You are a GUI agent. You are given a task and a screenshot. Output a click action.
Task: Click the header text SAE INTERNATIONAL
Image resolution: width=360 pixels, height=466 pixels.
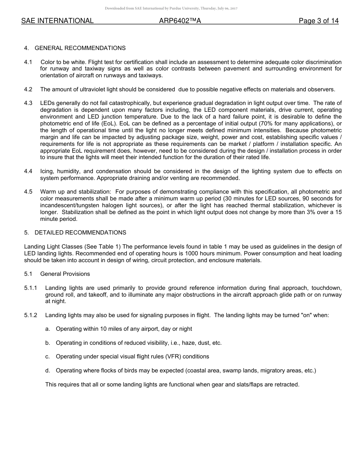click(57, 21)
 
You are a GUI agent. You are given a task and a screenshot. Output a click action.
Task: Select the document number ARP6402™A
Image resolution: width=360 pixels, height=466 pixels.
click(180, 21)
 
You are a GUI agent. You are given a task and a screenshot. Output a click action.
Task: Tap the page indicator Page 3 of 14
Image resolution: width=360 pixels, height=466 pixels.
click(318, 21)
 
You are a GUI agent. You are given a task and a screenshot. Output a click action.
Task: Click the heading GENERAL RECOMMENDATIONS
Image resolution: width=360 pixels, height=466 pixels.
click(80, 48)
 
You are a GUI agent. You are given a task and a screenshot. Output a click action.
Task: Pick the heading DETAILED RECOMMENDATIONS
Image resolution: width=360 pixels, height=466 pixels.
click(80, 233)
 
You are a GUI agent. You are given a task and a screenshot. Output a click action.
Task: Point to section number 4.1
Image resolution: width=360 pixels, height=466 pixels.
click(28, 62)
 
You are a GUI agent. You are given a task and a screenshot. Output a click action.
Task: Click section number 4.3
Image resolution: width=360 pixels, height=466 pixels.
click(28, 103)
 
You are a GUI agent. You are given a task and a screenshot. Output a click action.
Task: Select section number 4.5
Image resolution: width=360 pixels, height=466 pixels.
click(28, 192)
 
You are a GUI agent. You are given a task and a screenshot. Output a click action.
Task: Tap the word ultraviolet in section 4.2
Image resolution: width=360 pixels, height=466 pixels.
click(93, 89)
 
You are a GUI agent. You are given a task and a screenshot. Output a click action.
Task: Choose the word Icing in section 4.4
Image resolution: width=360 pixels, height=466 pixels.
click(47, 171)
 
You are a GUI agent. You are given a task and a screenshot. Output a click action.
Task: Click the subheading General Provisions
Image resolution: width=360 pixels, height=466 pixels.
click(65, 274)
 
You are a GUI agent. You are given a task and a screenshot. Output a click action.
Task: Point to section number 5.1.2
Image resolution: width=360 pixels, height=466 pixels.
click(31, 315)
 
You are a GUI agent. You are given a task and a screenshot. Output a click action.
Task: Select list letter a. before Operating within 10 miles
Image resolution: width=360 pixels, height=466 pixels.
click(48, 329)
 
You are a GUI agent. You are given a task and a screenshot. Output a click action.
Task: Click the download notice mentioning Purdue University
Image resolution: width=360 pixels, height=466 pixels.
click(171, 8)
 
